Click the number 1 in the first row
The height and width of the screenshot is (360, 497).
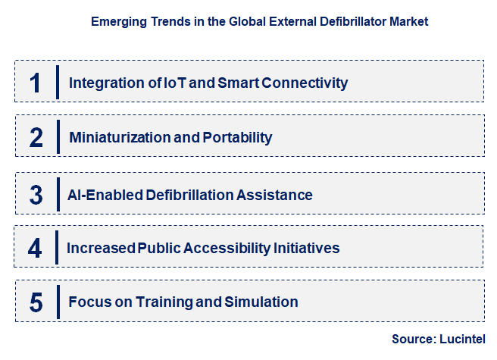click(36, 82)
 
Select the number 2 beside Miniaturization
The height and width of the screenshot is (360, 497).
click(36, 137)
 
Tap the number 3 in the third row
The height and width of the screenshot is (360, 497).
click(36, 194)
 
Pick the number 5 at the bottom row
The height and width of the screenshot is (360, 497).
click(36, 302)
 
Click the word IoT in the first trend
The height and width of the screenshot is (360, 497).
click(175, 82)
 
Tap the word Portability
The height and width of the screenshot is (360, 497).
click(237, 137)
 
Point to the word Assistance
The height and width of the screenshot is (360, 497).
click(275, 194)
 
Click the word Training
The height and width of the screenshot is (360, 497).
click(166, 302)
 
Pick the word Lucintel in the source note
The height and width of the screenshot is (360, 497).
click(462, 339)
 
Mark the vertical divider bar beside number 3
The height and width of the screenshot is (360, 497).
click(58, 194)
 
